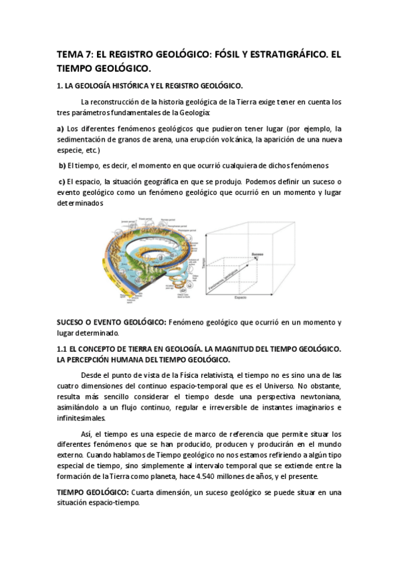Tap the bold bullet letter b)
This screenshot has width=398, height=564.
click(x=62, y=166)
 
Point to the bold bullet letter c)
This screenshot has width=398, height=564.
click(x=62, y=181)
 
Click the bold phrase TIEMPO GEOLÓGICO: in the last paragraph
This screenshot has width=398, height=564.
click(x=92, y=493)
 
